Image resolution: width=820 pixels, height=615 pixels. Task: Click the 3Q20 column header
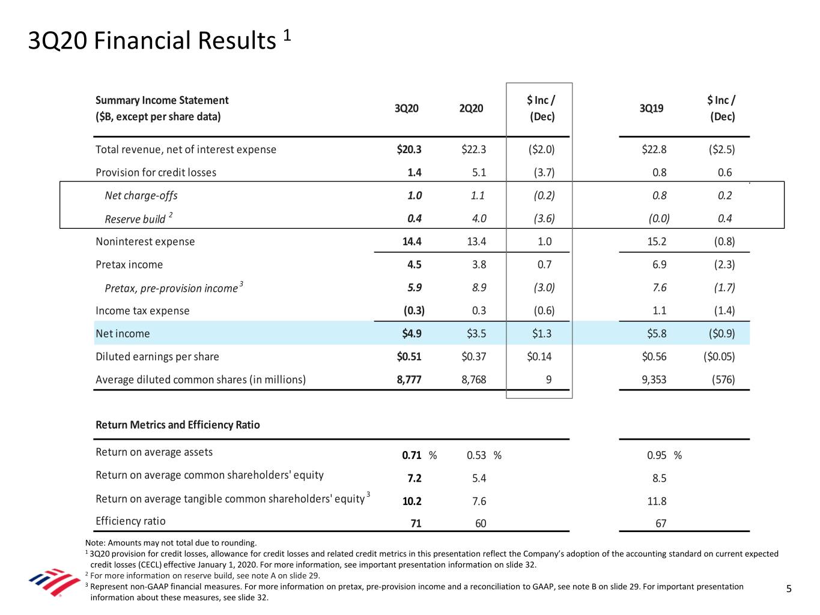406,108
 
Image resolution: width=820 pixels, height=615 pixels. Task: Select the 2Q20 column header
471,108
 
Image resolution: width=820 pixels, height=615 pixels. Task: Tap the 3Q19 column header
651,108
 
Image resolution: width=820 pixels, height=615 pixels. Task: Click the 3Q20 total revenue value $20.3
409,150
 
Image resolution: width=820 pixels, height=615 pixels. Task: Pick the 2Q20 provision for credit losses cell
479,172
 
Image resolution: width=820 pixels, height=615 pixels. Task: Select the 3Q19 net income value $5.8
654,333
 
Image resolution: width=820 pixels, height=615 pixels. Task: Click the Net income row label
123,333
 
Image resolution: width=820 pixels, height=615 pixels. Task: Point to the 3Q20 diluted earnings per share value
409,357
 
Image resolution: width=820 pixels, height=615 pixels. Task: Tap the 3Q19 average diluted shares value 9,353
654,380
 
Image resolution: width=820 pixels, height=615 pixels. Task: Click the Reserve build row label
135,219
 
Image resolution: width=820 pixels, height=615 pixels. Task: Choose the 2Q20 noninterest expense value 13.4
476,241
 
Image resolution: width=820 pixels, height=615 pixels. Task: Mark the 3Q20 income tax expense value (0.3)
414,311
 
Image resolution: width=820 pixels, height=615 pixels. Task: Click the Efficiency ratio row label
130,521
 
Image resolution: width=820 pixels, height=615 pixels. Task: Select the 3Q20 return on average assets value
412,455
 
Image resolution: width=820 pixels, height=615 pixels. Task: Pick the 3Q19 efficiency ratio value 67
661,524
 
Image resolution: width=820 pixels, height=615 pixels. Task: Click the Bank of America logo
54,581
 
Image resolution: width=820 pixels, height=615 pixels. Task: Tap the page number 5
789,589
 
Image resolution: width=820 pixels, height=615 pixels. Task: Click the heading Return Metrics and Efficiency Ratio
178,425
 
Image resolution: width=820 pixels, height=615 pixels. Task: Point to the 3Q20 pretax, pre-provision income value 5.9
415,288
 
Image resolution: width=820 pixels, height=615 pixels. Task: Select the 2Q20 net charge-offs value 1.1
478,196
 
